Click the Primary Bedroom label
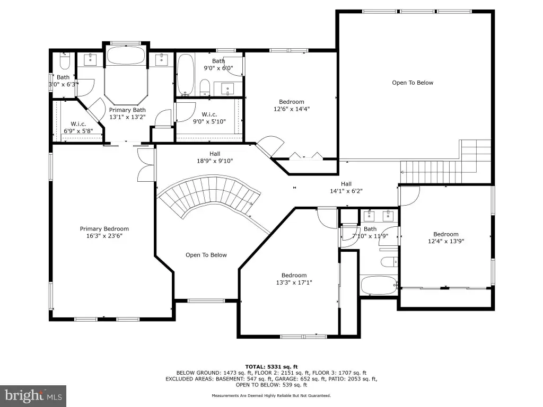click(x=104, y=229)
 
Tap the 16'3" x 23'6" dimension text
click(x=104, y=236)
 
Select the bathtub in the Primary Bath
click(x=125, y=55)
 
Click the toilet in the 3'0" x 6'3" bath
click(x=65, y=61)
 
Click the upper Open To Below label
click(x=413, y=83)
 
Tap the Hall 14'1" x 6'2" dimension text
click(x=346, y=191)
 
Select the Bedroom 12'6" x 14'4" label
click(x=292, y=105)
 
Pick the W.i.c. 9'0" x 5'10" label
click(x=209, y=118)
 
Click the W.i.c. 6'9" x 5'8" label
click(x=78, y=127)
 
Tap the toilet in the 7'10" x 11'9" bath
click(x=389, y=262)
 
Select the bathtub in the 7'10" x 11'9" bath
click(x=379, y=285)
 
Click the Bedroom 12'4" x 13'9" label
click(x=445, y=238)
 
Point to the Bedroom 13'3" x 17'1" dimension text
click(x=294, y=282)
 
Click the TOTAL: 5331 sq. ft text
click(x=271, y=367)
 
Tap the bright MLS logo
click(x=33, y=396)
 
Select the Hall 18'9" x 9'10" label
click(x=215, y=157)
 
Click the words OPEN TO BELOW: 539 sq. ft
click(x=271, y=385)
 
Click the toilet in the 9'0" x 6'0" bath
click(x=205, y=87)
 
